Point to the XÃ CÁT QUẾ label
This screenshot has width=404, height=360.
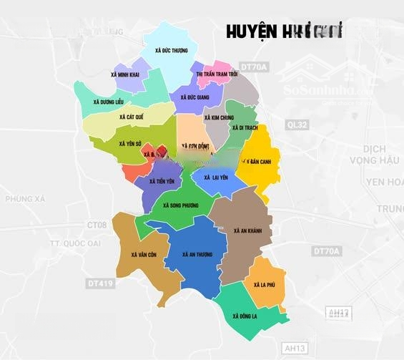[132, 116]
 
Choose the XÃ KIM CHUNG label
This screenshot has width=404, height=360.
[218, 117]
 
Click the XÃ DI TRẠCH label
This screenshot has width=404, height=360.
[244, 127]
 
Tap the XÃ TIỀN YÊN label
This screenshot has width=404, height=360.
[162, 182]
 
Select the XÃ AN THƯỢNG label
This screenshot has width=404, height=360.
[197, 254]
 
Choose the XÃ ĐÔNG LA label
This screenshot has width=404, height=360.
[245, 314]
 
